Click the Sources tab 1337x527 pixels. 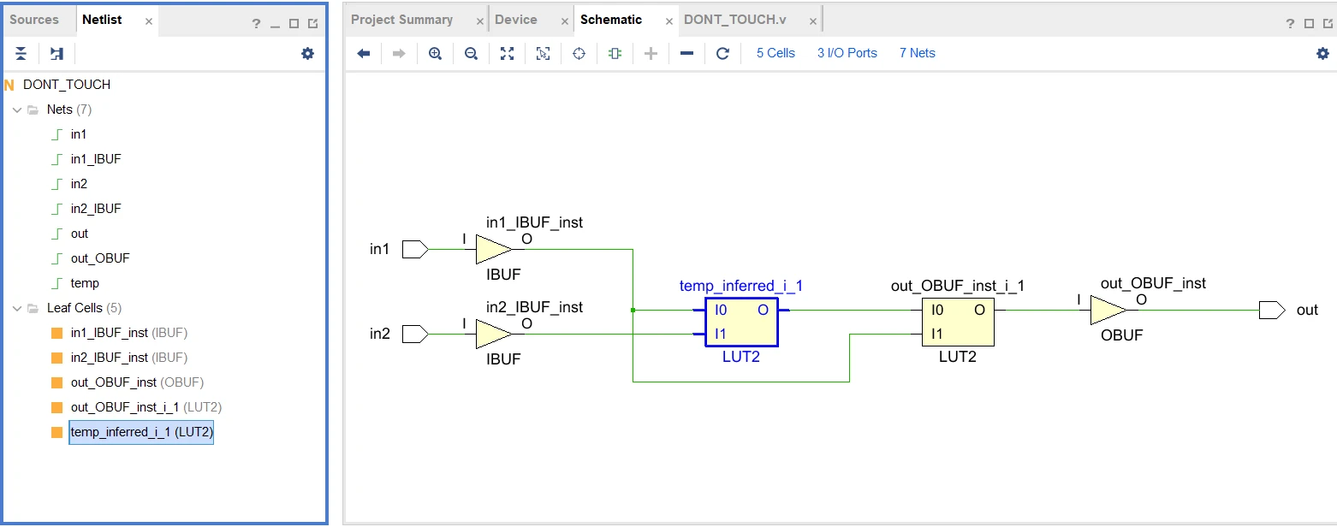[x=34, y=20]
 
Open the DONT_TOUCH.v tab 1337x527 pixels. [x=734, y=20]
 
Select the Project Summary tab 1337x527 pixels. [x=401, y=20]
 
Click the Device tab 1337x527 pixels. [x=515, y=20]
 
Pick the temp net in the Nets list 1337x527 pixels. [x=85, y=283]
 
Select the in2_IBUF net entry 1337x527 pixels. [x=96, y=208]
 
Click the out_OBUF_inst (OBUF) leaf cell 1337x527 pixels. [x=137, y=382]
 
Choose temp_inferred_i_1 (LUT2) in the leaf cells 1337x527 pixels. [x=141, y=431]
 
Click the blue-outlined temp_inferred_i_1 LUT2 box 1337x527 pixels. [x=741, y=322]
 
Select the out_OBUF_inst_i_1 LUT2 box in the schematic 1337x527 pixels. [x=958, y=322]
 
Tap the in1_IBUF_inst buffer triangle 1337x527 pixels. [x=493, y=249]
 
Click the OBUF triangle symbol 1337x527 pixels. [x=1108, y=310]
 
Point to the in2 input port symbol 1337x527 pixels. [x=415, y=334]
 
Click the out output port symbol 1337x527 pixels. [x=1272, y=310]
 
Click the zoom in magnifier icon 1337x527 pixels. [x=435, y=54]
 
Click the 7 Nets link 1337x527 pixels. [x=918, y=53]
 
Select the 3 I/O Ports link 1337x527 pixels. [x=847, y=53]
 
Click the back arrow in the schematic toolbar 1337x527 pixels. [x=364, y=54]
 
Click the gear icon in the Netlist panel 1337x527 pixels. [x=307, y=54]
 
